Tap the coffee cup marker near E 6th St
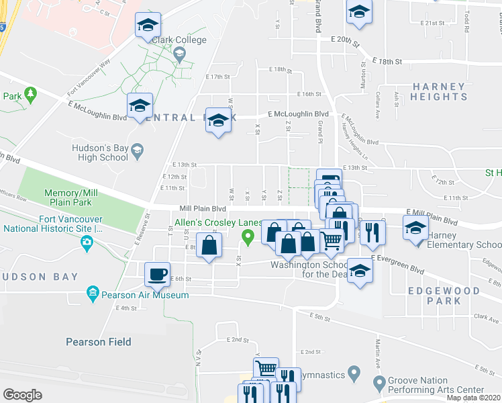click(x=158, y=274)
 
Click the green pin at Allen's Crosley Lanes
click(x=248, y=236)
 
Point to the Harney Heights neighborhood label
click(x=440, y=91)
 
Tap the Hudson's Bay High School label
click(x=100, y=152)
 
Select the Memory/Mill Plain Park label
click(x=71, y=197)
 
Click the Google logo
click(x=22, y=395)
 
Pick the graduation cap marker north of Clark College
click(x=148, y=26)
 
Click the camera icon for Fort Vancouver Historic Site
click(x=86, y=246)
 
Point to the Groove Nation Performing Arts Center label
click(x=438, y=385)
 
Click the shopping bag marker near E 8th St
click(x=209, y=245)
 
